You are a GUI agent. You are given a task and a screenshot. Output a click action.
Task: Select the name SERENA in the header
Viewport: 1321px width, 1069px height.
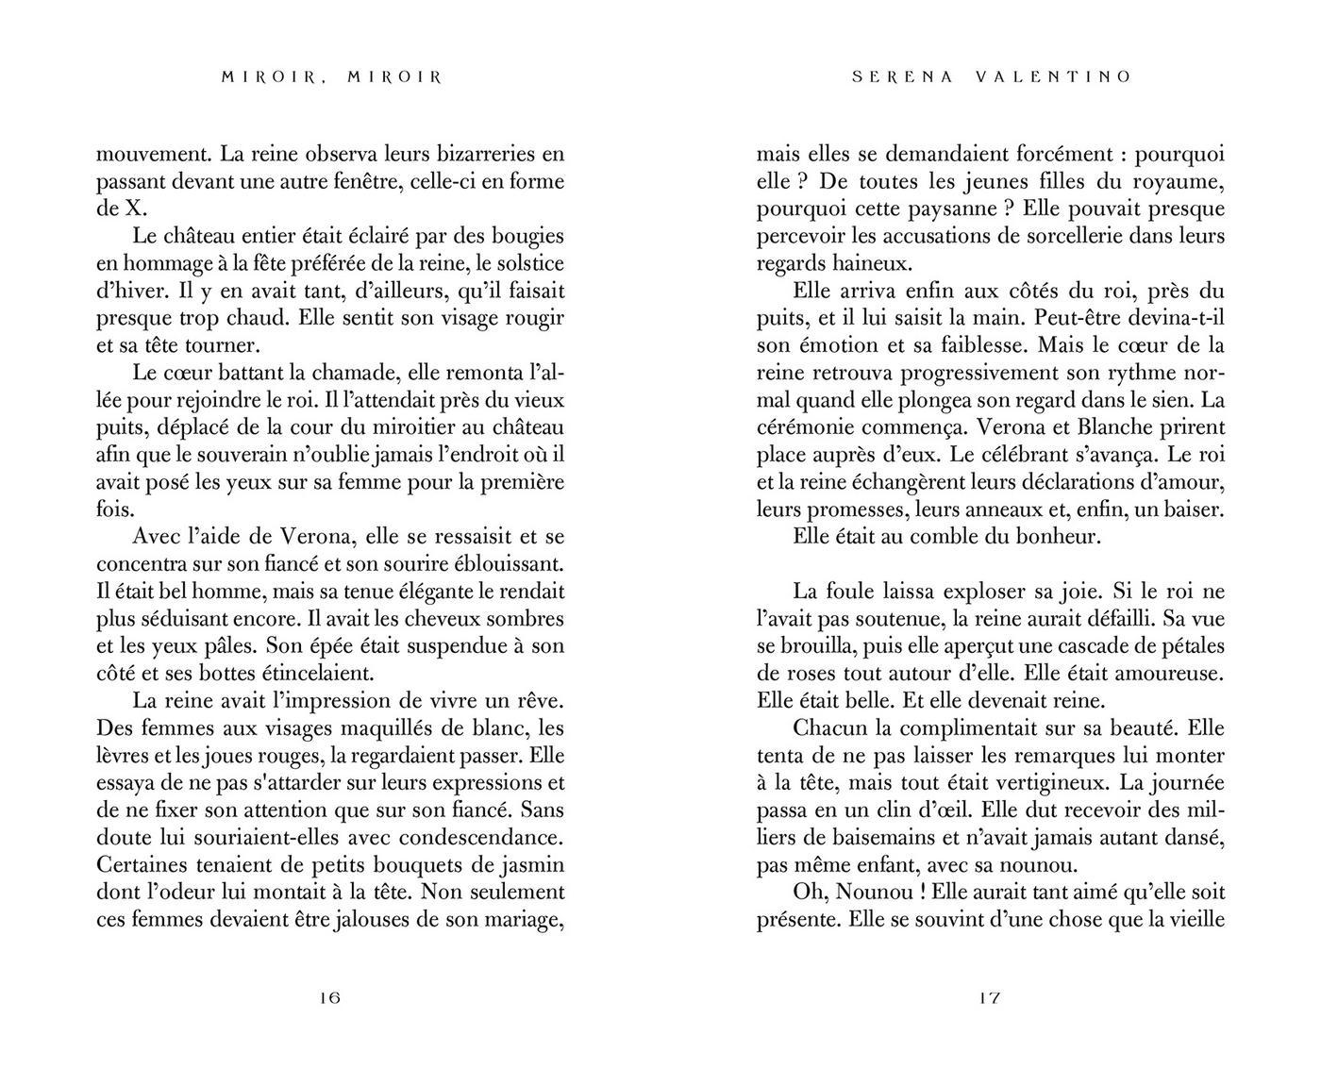pyautogui.click(x=898, y=77)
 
